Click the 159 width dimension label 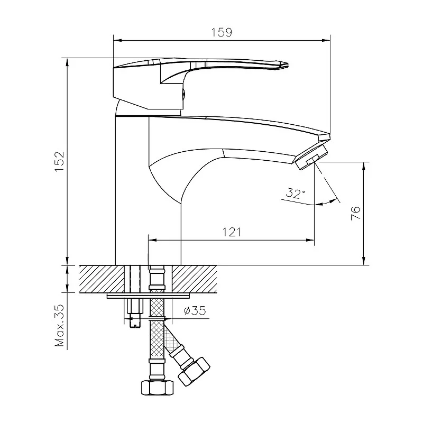(x=222, y=32)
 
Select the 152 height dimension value (x=59, y=161)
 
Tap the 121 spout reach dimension (x=232, y=232)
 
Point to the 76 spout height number (x=355, y=213)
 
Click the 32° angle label (x=296, y=193)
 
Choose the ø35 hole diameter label (x=195, y=310)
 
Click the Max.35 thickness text (x=60, y=325)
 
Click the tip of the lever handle (x=288, y=65)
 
